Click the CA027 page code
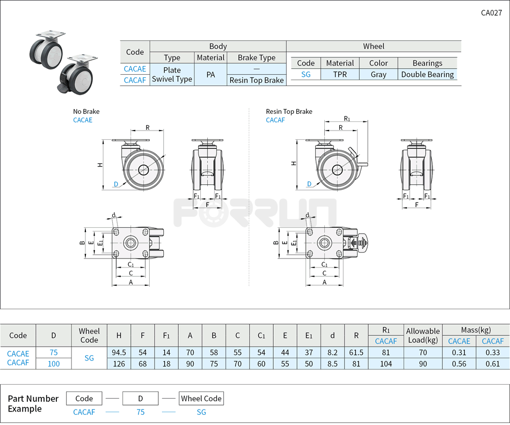491,13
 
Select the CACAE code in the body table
135,69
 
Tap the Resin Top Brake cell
257,80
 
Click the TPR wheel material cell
340,75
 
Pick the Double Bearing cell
427,75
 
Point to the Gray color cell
378,75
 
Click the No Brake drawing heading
86,112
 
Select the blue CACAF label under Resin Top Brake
275,120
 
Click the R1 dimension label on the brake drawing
347,118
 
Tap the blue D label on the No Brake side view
115,184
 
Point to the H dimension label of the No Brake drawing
100,165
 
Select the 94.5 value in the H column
119,352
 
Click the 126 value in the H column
119,364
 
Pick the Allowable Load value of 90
422,364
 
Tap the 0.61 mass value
492,364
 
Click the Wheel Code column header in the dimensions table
89,335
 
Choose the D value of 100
54,364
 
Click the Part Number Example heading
33,404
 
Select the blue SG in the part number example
201,412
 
